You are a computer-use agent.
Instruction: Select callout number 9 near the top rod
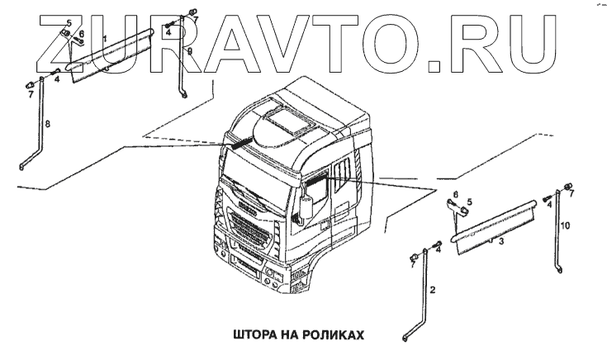click(x=189, y=51)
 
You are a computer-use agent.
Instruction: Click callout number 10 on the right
click(x=566, y=225)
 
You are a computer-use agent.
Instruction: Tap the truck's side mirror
click(x=306, y=207)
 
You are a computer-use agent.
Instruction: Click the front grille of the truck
click(x=251, y=234)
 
